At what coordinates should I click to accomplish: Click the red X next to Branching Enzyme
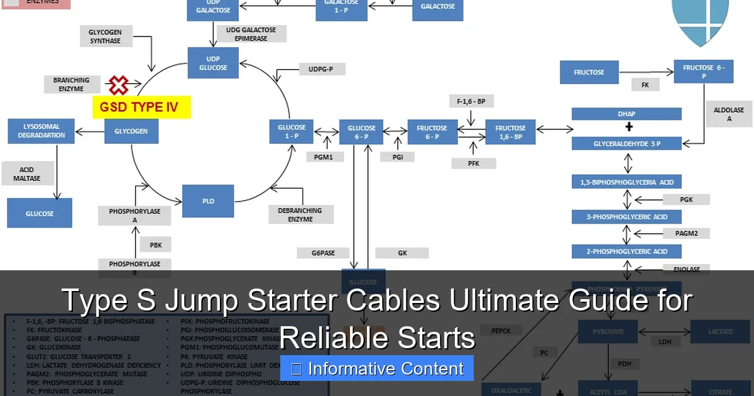(x=118, y=85)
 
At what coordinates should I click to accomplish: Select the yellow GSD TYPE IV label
(x=141, y=107)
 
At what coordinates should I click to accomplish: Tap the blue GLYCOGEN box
(x=131, y=131)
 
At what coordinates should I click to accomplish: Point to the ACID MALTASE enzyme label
(x=27, y=174)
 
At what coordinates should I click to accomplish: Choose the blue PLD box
(x=208, y=201)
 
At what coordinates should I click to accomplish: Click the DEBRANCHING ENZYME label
(x=300, y=214)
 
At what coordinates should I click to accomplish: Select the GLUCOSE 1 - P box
(x=292, y=132)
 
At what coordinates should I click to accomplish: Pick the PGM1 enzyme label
(x=324, y=157)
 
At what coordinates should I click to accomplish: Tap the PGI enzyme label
(x=398, y=157)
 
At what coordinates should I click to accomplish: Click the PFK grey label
(x=473, y=163)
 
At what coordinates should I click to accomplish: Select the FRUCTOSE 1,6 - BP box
(x=510, y=132)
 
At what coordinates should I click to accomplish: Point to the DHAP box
(x=626, y=114)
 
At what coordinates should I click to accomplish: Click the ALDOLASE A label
(x=729, y=114)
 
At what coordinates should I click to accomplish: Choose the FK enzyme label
(x=645, y=85)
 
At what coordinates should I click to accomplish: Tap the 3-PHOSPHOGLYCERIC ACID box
(x=626, y=217)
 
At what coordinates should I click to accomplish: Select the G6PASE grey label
(x=324, y=253)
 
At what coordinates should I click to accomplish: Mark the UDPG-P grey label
(x=320, y=69)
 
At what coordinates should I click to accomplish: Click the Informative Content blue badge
(x=377, y=369)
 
